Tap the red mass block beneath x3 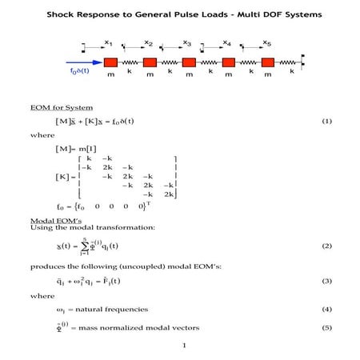[189, 62]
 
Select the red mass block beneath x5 [267, 62]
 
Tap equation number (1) [326, 121]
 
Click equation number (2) [326, 246]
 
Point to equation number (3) [326, 282]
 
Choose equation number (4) [326, 309]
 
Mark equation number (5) [326, 327]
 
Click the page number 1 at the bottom [183, 346]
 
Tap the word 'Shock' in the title [62, 14]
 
